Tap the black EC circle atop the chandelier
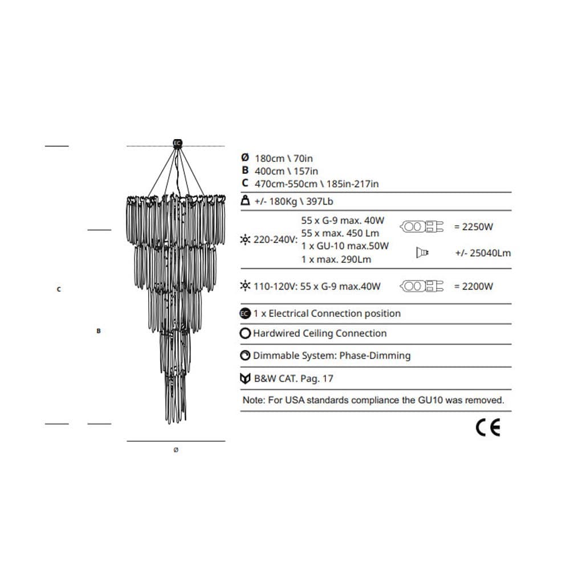pyautogui.click(x=177, y=142)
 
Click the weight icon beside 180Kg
pyautogui.click(x=245, y=201)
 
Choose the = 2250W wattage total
pyautogui.click(x=473, y=227)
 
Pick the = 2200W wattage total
pyautogui.click(x=473, y=286)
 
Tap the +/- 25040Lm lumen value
pyautogui.click(x=483, y=253)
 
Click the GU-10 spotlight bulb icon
pyautogui.click(x=422, y=253)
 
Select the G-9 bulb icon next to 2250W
pyautogui.click(x=422, y=227)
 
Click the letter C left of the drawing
pyautogui.click(x=59, y=290)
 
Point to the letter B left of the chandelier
pyautogui.click(x=99, y=331)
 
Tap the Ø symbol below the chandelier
pyautogui.click(x=176, y=450)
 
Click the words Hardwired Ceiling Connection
pyautogui.click(x=320, y=333)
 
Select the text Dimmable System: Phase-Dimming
pyautogui.click(x=332, y=356)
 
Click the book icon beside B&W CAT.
pyautogui.click(x=245, y=378)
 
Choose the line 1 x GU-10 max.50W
pyautogui.click(x=345, y=246)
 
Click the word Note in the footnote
pyautogui.click(x=253, y=400)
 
